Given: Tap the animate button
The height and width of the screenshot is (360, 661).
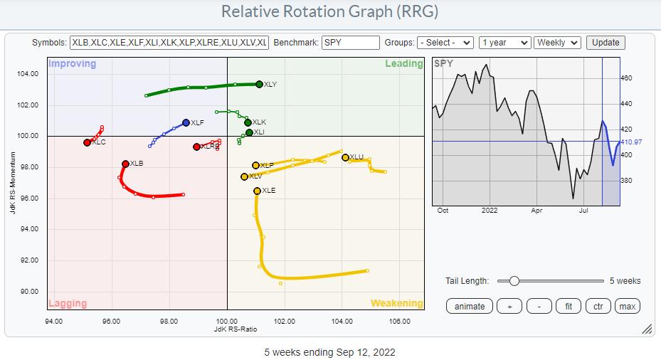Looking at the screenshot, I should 470,306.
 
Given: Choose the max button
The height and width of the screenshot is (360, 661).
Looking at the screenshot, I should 627,306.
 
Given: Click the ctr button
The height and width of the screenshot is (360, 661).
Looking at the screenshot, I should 599,306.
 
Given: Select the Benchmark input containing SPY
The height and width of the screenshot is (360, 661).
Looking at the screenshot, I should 350,43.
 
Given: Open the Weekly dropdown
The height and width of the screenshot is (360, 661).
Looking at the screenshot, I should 557,43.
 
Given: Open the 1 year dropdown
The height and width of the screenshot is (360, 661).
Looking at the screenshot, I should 504,43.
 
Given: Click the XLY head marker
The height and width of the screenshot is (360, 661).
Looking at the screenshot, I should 259,84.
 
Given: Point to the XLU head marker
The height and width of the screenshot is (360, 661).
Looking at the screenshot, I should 345,157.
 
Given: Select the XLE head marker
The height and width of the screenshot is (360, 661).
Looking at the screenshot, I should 257,191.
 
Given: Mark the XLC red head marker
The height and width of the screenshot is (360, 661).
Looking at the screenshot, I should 87,142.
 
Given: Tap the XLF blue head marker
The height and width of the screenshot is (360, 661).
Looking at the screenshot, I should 186,122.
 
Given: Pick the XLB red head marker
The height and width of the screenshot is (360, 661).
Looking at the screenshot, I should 125,164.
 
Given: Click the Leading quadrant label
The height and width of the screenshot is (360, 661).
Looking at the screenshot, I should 403,64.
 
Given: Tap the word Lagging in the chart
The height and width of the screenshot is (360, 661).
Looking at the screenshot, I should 68,304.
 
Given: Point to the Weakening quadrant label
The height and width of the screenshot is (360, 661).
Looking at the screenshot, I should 396,304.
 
